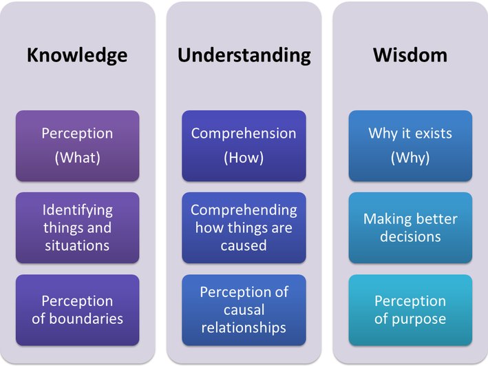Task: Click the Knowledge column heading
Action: tap(77, 55)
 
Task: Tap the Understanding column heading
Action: tap(244, 55)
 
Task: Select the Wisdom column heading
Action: tap(410, 55)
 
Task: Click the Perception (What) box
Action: tap(77, 145)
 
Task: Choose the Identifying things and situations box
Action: tap(77, 227)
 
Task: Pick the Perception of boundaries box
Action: tap(77, 309)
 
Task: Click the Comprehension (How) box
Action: tap(244, 145)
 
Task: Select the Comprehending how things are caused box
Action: tap(244, 227)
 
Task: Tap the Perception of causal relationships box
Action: tap(244, 309)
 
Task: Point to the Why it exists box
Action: tap(410, 145)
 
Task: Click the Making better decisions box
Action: tap(410, 227)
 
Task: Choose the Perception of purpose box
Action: tap(410, 309)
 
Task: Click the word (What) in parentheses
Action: tap(77, 158)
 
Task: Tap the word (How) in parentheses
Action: tap(244, 158)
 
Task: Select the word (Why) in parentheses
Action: tap(410, 158)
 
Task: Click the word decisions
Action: tap(410, 236)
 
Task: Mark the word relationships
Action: tap(244, 327)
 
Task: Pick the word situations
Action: tap(77, 245)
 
